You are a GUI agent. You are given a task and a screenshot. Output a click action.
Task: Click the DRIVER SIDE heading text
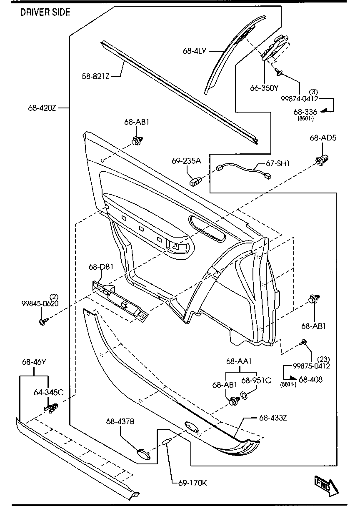[45, 12]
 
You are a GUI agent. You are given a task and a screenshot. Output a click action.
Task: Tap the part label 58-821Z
[95, 76]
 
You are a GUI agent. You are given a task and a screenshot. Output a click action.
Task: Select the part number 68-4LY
[194, 50]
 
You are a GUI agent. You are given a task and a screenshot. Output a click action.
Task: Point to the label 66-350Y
[264, 88]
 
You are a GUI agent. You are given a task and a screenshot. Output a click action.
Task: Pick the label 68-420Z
[42, 108]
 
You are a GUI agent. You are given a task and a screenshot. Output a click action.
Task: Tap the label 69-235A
[186, 160]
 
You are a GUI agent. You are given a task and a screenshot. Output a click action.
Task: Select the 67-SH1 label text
[278, 163]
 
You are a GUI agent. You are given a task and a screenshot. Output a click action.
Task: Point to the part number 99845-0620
[40, 303]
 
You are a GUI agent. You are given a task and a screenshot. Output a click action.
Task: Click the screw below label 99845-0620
[43, 321]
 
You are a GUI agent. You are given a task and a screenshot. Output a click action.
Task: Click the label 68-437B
[120, 422]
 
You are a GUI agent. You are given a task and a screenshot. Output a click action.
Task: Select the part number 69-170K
[192, 483]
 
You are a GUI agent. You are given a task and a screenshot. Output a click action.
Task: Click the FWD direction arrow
[325, 486]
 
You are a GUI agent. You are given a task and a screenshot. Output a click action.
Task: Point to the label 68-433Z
[273, 417]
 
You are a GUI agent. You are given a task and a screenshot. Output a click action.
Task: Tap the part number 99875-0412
[311, 366]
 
